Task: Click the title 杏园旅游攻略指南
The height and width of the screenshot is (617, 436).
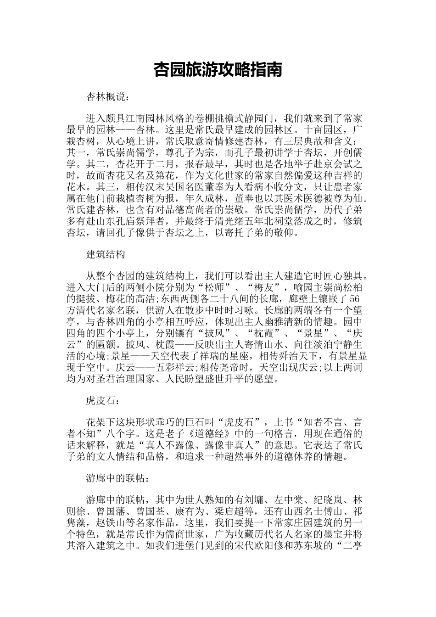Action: coord(218,70)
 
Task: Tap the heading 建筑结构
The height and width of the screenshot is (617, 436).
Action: coord(106,254)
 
